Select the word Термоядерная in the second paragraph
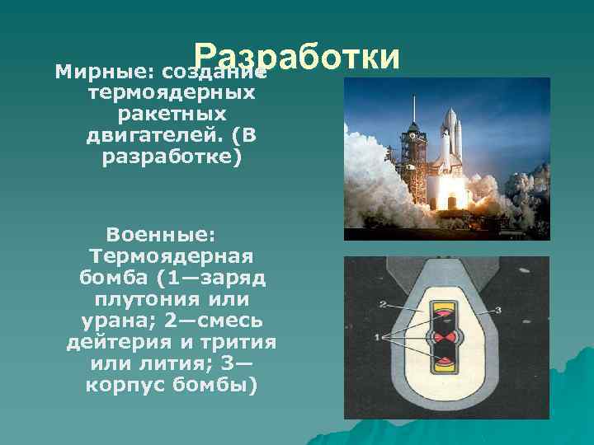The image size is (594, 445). [x=169, y=255]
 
